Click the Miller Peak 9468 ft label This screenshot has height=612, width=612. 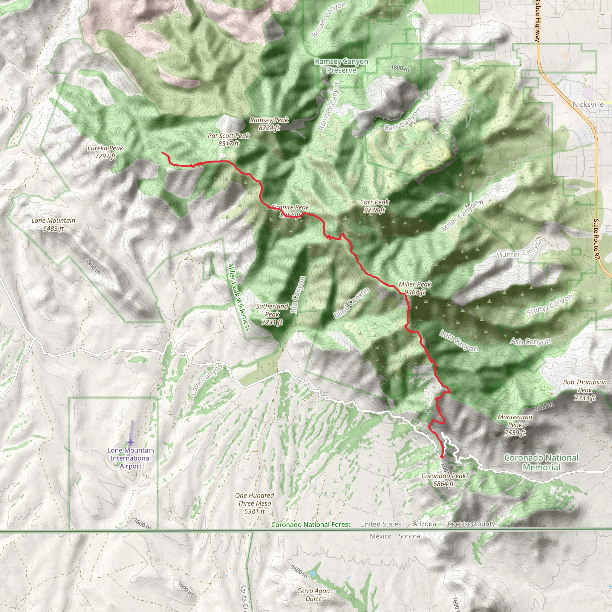(415, 288)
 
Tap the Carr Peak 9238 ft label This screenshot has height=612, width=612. (374, 206)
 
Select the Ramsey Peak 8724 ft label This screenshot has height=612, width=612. (269, 124)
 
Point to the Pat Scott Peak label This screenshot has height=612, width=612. (229, 140)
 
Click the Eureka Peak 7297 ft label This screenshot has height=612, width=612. (105, 152)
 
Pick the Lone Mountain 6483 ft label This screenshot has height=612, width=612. (53, 224)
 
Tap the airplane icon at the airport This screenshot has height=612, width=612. (131, 442)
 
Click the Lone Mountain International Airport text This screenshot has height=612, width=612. (131, 458)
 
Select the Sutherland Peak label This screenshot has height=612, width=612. (272, 314)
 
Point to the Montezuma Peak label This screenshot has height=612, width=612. (515, 425)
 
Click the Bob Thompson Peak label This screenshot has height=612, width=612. (585, 390)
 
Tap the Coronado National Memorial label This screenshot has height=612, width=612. (541, 462)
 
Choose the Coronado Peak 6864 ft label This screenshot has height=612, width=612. (443, 480)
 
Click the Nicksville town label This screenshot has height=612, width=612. (588, 104)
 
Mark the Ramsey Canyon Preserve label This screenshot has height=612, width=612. (341, 65)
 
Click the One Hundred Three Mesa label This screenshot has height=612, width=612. (255, 503)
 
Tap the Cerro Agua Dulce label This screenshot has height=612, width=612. (313, 595)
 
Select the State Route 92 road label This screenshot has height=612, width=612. (597, 239)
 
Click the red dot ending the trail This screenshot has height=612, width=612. (442, 457)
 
